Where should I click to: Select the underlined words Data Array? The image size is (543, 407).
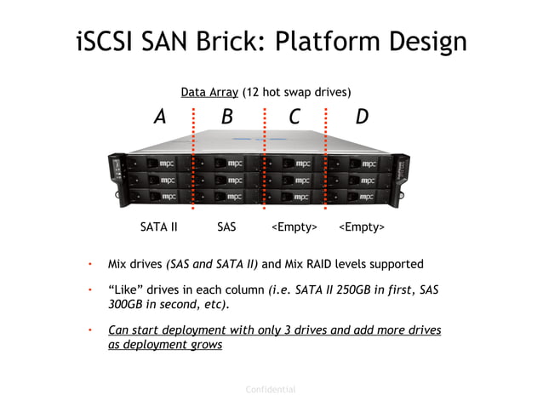[209, 91]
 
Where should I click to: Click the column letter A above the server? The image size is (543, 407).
[159, 117]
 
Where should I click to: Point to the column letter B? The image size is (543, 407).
[226, 117]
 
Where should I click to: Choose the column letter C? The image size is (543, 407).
[294, 117]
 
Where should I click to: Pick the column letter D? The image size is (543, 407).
[362, 117]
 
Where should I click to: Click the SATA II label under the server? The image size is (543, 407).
[158, 227]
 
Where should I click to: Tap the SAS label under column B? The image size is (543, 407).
[226, 227]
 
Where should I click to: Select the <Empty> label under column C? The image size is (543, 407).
[294, 227]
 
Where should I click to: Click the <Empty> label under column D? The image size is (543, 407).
[362, 227]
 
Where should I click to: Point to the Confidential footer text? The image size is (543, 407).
[271, 389]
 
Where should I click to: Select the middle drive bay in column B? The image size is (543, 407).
[226, 181]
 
